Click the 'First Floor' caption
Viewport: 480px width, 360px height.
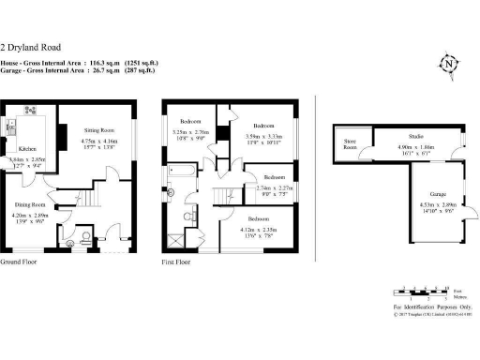tap(176, 262)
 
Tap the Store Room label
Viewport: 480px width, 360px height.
tap(350, 145)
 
